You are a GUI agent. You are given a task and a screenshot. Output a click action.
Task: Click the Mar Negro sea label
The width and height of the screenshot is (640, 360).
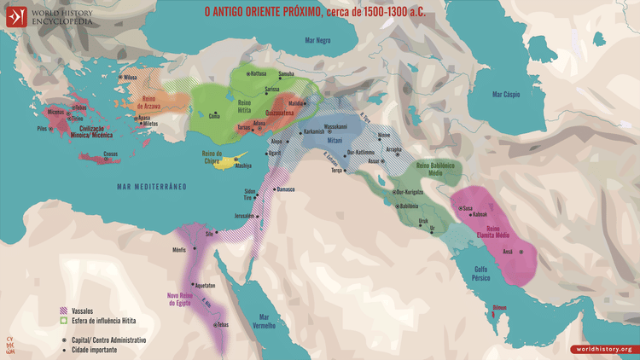(318, 40)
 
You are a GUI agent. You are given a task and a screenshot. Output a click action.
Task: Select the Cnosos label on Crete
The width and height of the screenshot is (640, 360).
(110, 154)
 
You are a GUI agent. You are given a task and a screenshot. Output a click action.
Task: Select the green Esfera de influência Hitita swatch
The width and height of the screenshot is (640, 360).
(63, 321)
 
